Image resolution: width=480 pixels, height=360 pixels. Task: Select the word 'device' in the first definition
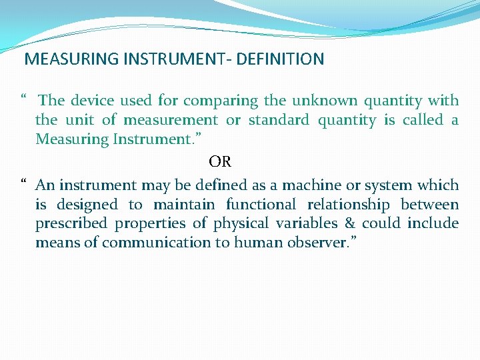[92, 101]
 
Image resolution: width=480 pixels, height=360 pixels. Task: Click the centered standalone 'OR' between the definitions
[220, 162]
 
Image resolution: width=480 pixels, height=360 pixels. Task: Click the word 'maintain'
[184, 204]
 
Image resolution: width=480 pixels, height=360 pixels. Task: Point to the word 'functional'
[261, 204]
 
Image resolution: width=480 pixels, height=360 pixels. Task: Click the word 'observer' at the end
[327, 243]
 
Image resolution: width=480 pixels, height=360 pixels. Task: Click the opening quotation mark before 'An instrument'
[23, 182]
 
